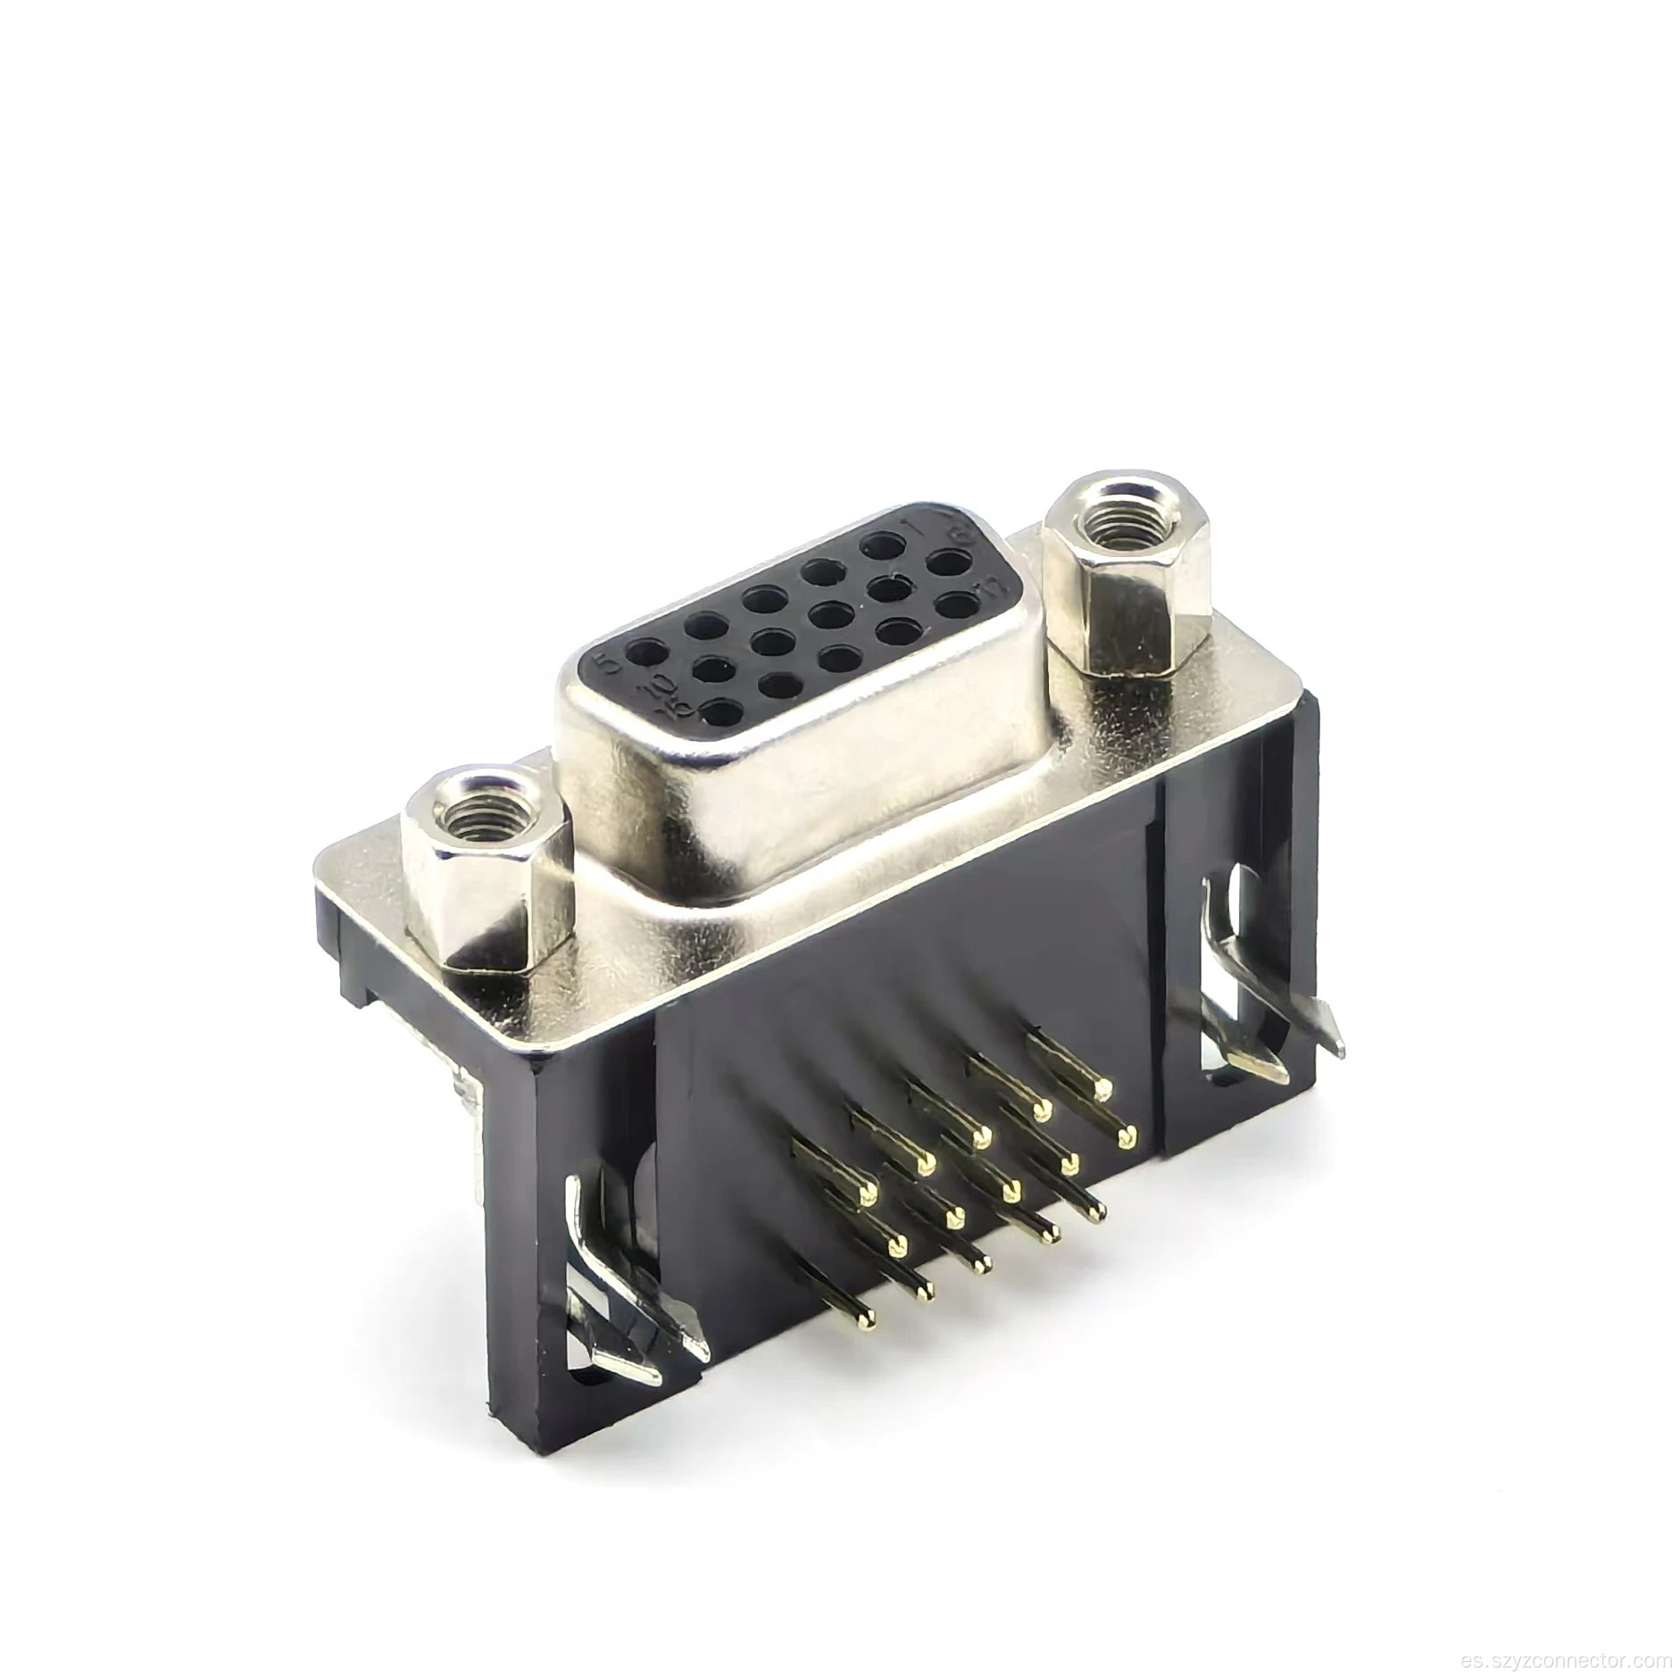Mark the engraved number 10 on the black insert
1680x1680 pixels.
(x=662, y=686)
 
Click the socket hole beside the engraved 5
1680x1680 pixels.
(x=639, y=656)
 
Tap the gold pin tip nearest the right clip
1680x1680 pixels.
(x=1127, y=1136)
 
